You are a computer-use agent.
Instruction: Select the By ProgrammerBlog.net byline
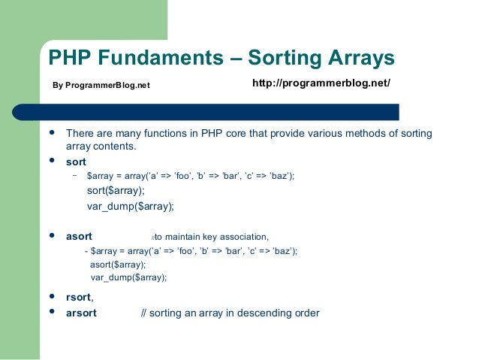[101, 85]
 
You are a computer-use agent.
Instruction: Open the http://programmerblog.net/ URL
[321, 82]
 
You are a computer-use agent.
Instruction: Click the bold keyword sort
[77, 162]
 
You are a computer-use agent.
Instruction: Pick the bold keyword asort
[80, 236]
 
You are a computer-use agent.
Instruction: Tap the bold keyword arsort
[82, 313]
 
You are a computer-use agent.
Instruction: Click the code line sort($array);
[116, 191]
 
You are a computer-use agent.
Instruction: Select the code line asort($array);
[118, 265]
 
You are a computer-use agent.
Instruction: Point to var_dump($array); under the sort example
[131, 206]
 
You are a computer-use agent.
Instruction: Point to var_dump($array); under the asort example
[129, 277]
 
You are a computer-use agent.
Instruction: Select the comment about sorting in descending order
[230, 313]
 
